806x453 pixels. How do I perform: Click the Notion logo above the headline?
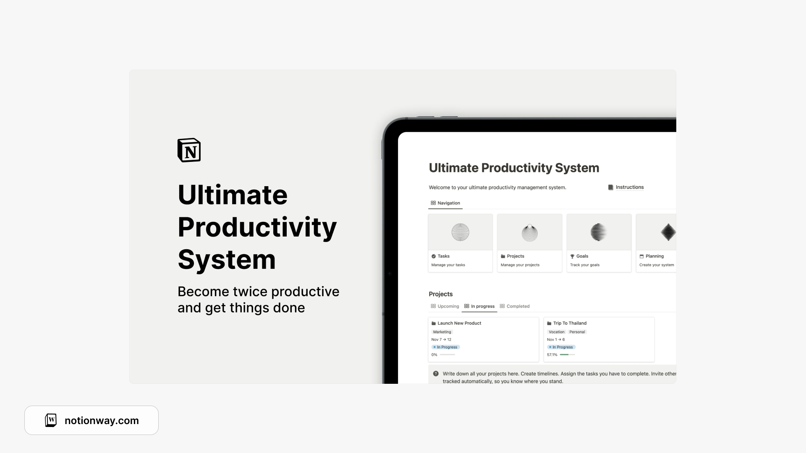pos(189,150)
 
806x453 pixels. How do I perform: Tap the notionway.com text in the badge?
pos(102,421)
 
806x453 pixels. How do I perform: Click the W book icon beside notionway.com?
pos(51,420)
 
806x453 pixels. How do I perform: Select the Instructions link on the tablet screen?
pos(629,187)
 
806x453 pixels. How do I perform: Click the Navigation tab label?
pos(448,203)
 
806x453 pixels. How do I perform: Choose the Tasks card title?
pos(443,256)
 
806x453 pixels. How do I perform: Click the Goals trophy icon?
pos(572,256)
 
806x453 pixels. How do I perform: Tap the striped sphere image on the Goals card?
pos(599,232)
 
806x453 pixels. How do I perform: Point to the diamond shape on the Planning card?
pos(668,232)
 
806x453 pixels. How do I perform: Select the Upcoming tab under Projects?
pos(448,306)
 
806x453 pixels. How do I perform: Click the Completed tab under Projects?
pos(518,306)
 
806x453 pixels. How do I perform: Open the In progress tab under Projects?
pos(482,306)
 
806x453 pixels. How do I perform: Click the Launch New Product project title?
pos(459,323)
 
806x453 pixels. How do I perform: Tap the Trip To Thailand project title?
pos(570,323)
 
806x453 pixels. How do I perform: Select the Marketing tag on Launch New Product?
pos(442,332)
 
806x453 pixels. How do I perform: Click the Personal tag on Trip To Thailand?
pos(577,332)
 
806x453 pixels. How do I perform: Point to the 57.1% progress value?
pos(552,355)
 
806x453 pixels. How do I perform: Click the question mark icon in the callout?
pos(436,374)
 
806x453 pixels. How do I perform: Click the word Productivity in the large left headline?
pos(257,227)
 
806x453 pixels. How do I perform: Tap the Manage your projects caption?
pos(520,265)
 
